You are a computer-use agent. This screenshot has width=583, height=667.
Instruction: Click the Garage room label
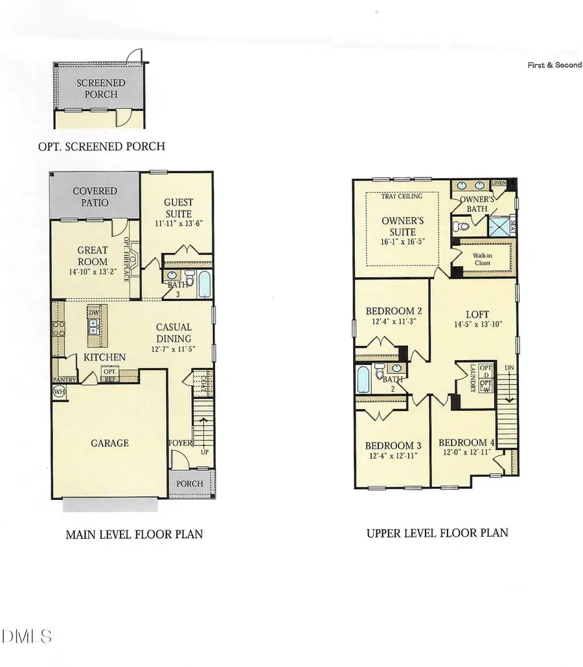coord(109,443)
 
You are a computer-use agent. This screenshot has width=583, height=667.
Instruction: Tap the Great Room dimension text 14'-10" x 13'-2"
coord(93,263)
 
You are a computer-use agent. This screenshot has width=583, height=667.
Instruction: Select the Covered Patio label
coord(95,197)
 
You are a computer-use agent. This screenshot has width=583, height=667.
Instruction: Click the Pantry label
coord(65,380)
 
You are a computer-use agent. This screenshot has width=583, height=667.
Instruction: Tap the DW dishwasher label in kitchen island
coord(93,312)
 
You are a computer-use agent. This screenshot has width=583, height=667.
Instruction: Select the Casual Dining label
coord(173,333)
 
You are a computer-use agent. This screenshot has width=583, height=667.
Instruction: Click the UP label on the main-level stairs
coord(205,451)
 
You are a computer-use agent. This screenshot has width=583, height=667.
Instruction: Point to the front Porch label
coord(190,484)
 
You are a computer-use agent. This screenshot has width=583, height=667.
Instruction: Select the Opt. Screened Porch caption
coord(102,146)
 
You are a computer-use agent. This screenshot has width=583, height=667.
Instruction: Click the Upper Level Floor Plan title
coord(437,533)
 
